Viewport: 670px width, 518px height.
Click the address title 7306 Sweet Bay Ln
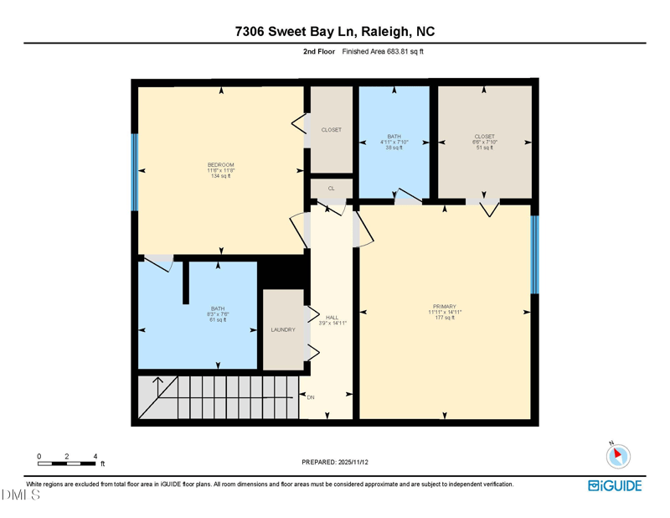tap(335, 32)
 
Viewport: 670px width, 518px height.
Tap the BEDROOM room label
tap(221, 164)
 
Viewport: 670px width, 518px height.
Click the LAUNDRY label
tap(283, 330)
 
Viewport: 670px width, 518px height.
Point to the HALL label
tap(332, 317)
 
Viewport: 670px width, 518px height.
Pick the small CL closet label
tap(332, 189)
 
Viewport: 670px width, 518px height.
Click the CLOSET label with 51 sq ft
tap(484, 137)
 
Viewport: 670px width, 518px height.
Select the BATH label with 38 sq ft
tap(394, 137)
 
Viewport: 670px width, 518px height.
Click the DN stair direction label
tap(311, 397)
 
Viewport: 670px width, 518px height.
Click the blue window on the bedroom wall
tap(134, 172)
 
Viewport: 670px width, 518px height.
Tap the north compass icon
tap(618, 456)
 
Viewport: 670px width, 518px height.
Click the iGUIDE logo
tap(616, 486)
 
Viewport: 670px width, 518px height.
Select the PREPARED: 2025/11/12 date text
tap(335, 462)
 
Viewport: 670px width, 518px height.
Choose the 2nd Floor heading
tap(319, 51)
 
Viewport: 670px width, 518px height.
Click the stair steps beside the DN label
tap(226, 397)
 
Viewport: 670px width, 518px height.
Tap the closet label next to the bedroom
tap(332, 130)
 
